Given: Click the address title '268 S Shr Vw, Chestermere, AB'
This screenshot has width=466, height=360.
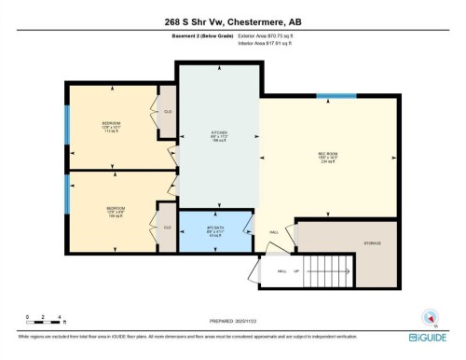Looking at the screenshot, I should pos(232,22).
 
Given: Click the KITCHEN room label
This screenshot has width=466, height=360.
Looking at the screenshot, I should pos(220,136).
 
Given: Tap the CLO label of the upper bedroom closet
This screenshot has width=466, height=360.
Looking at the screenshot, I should pos(168,112).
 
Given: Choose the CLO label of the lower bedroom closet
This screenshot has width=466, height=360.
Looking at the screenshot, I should pos(168,228).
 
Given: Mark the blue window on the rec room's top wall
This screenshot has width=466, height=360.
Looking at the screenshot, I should pos(336,95).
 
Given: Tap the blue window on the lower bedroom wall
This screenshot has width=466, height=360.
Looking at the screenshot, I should pos(66,194).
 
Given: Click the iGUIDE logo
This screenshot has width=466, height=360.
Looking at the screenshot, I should pos(430,337).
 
